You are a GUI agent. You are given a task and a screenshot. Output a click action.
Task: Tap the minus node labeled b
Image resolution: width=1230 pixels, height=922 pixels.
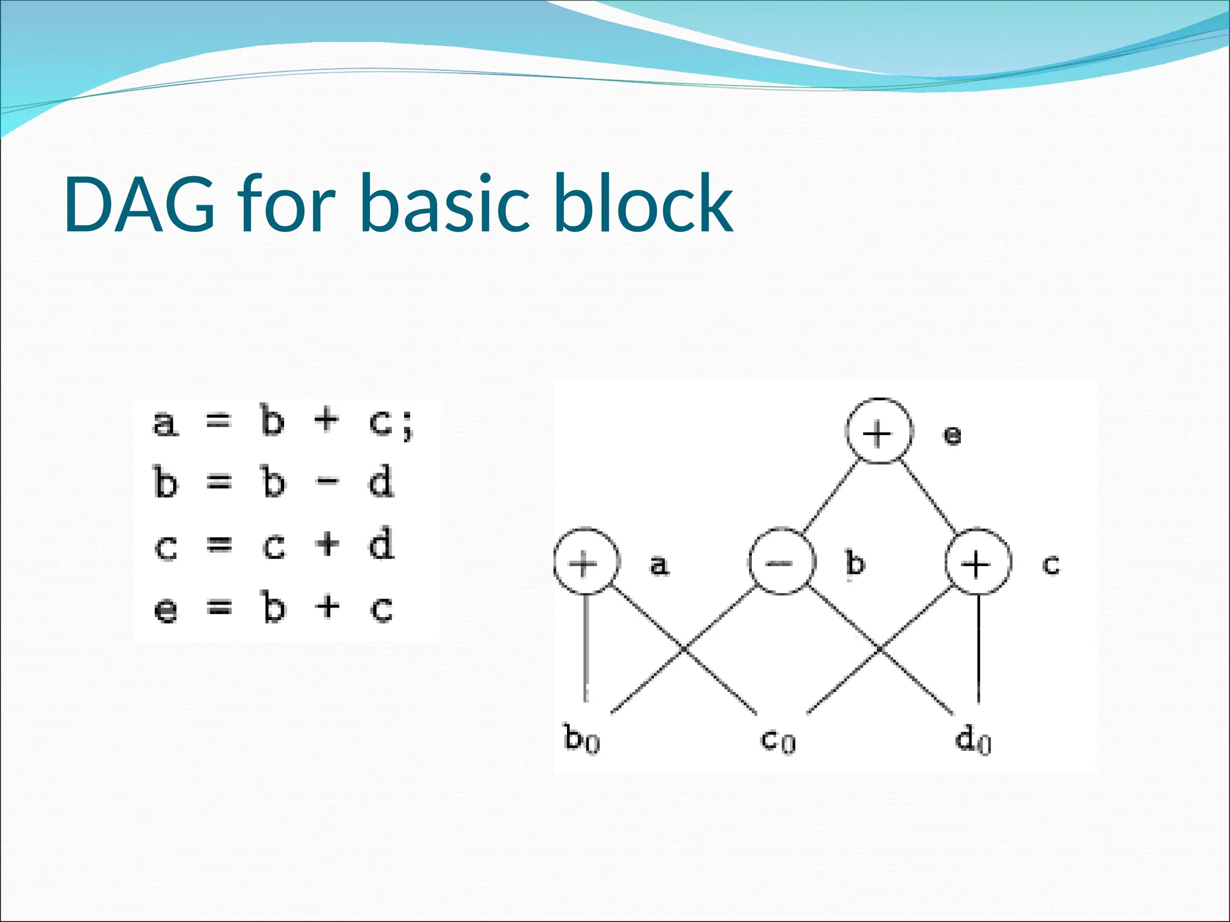click(781, 562)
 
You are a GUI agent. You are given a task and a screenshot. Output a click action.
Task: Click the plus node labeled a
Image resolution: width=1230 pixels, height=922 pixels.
click(585, 562)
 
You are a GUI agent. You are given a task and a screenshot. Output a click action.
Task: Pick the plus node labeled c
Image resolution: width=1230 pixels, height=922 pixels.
click(978, 562)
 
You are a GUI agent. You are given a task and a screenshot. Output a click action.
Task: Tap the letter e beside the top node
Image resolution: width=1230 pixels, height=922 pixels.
click(952, 435)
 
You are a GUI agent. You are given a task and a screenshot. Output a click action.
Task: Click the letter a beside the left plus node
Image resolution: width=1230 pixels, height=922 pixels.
click(659, 565)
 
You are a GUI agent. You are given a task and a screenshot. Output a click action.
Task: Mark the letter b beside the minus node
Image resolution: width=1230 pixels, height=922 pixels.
click(855, 564)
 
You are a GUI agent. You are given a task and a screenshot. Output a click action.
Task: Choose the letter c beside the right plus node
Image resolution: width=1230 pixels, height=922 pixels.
click(1050, 565)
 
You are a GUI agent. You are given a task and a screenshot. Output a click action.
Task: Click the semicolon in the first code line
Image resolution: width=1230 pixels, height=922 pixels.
click(408, 426)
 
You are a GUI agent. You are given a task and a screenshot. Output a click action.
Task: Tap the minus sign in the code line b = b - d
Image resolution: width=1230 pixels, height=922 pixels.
click(327, 481)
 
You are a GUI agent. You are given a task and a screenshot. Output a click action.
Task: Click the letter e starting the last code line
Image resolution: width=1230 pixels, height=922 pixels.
click(166, 610)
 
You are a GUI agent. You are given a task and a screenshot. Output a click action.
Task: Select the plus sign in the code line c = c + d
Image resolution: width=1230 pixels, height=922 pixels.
click(327, 544)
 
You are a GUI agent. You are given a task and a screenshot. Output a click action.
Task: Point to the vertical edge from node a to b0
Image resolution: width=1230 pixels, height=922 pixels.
click(586, 648)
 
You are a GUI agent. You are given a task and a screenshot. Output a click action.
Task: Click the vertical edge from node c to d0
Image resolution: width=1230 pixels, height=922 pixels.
click(979, 648)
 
